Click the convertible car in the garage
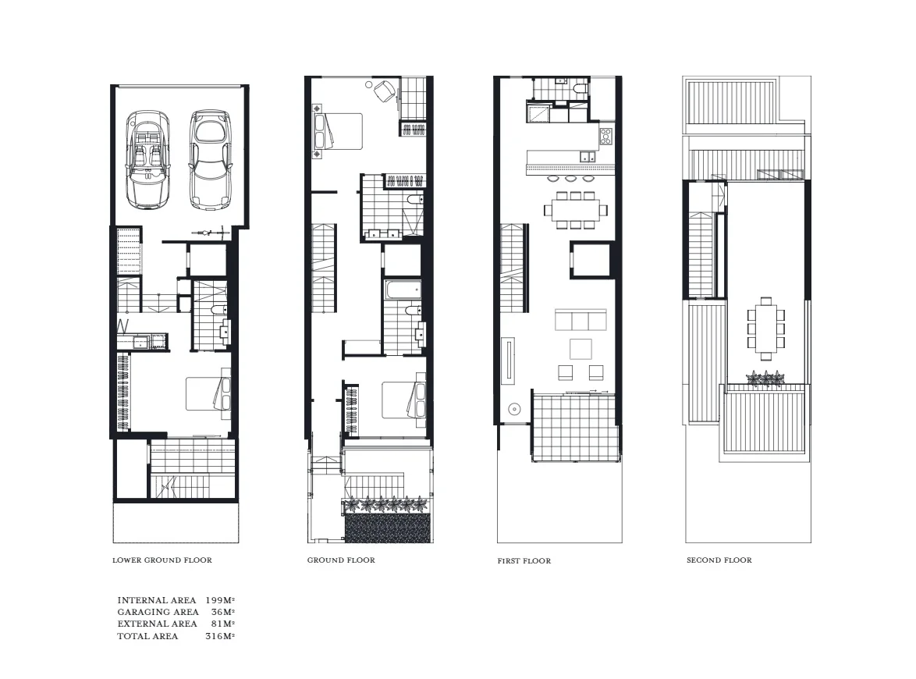[x=148, y=159]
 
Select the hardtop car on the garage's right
[x=211, y=159]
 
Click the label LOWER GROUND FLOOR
[x=162, y=560]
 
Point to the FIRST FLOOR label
[x=524, y=561]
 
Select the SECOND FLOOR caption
[x=719, y=560]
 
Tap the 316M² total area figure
[x=220, y=636]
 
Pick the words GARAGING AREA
[x=158, y=612]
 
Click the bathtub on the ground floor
[x=403, y=291]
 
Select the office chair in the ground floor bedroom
[x=385, y=91]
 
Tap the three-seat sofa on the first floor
[x=580, y=321]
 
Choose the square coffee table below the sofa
[x=581, y=347]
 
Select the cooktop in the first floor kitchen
[x=606, y=138]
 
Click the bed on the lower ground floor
[x=208, y=394]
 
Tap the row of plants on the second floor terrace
[x=765, y=379]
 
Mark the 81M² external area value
[x=223, y=624]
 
